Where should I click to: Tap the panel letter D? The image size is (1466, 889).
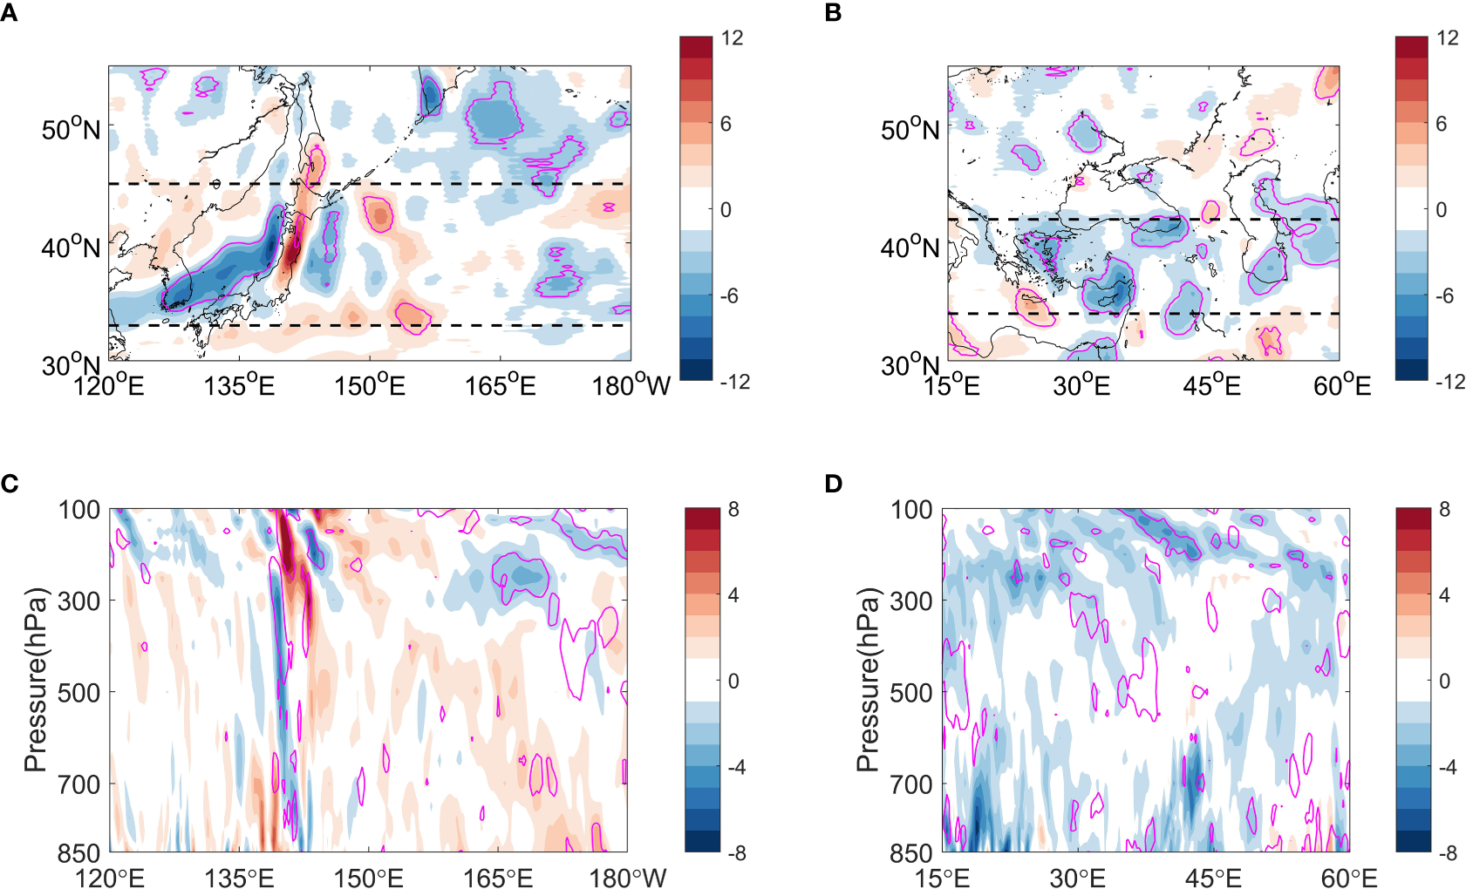click(x=833, y=484)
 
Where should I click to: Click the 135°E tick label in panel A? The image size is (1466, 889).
click(x=239, y=384)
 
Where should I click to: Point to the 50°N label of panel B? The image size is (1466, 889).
click(x=910, y=130)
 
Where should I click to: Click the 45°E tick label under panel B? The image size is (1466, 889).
click(x=1211, y=384)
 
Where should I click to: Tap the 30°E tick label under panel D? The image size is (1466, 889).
click(x=1079, y=877)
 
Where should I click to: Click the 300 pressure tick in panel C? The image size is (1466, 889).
click(x=79, y=601)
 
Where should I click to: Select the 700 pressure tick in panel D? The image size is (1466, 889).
click(x=911, y=784)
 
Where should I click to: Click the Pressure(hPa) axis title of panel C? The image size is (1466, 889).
click(x=34, y=680)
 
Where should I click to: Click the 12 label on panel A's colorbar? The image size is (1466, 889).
click(x=732, y=37)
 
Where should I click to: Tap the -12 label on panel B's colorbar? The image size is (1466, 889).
click(x=1449, y=382)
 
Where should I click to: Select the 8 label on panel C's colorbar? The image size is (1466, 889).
click(x=733, y=509)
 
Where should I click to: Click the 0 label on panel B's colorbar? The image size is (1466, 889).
click(x=1441, y=209)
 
